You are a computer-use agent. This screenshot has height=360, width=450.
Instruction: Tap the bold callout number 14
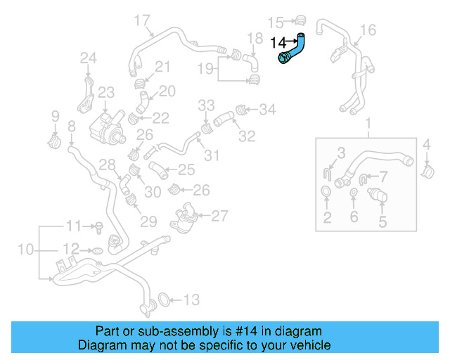pos(278,44)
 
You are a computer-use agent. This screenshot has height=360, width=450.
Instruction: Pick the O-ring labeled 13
pos(161,300)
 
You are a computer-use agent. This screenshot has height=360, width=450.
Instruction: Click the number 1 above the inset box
pos(366,125)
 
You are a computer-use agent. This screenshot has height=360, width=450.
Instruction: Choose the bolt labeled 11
pos(99,226)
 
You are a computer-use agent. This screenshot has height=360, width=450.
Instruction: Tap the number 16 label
pos(368,29)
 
